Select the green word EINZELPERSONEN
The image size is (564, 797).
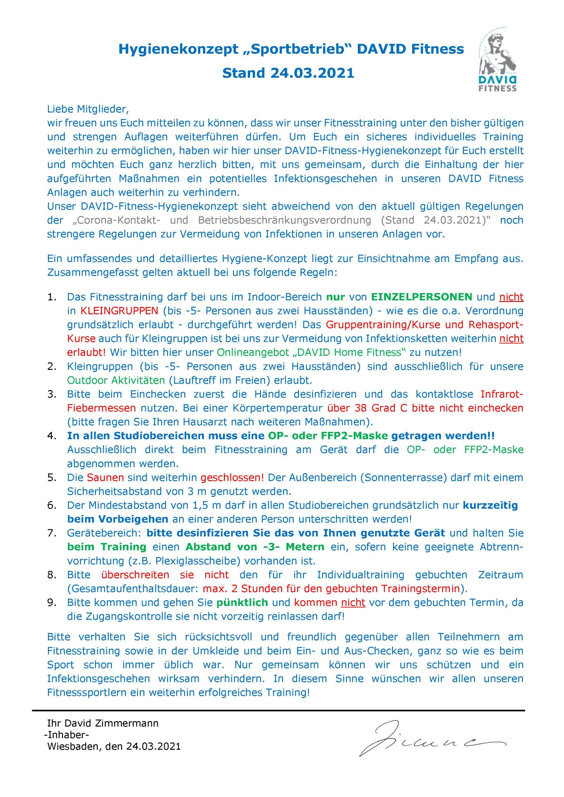point(422,297)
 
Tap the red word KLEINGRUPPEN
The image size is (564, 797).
point(120,311)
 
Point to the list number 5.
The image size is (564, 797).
point(52,478)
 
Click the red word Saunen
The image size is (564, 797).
point(105,478)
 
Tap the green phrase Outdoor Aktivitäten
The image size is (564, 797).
point(116,380)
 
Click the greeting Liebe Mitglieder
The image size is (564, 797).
point(88,109)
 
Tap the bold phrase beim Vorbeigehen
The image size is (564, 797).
point(118,519)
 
